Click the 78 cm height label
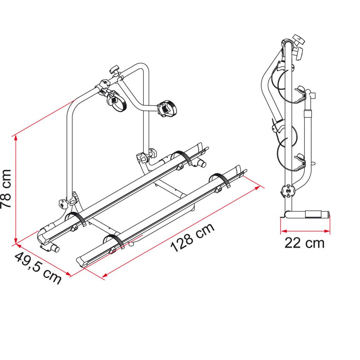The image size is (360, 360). pyautogui.click(x=6, y=189)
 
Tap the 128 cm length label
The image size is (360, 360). pyautogui.click(x=192, y=238)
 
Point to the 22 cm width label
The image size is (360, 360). pyautogui.click(x=304, y=243)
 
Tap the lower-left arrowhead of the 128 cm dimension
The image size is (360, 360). pyautogui.click(x=105, y=275)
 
